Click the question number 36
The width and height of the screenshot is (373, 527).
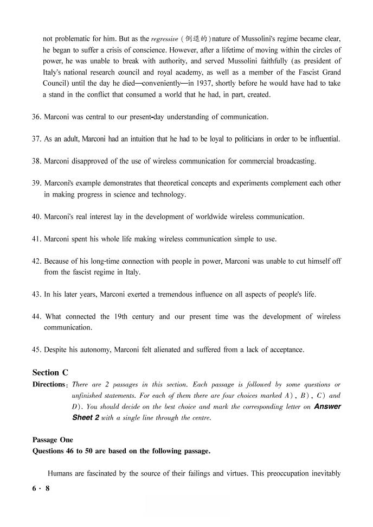click(x=36, y=117)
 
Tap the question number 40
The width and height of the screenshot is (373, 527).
click(x=36, y=217)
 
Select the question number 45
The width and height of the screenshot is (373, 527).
click(x=36, y=350)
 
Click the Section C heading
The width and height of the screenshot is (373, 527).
click(x=50, y=372)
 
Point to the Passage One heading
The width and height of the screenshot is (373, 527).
click(x=53, y=440)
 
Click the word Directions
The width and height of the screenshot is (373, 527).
click(x=49, y=384)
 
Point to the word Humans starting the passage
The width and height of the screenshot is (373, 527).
click(x=60, y=473)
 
